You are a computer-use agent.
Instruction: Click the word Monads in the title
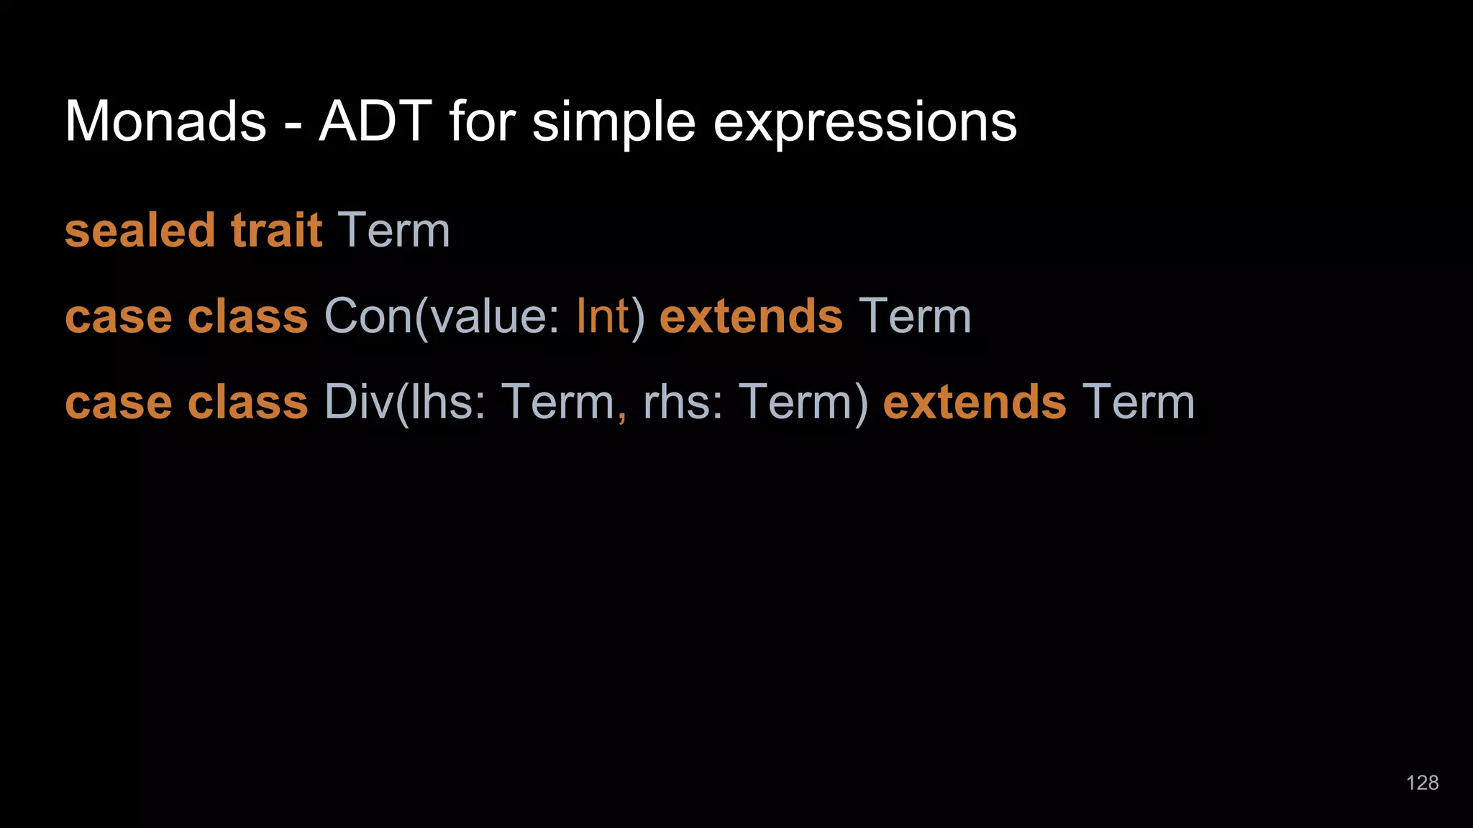point(165,121)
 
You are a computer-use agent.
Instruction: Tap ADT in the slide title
point(375,121)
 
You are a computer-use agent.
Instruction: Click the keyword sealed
point(140,231)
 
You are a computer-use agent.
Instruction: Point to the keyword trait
point(276,231)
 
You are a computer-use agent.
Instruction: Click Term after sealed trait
point(394,231)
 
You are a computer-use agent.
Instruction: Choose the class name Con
point(368,316)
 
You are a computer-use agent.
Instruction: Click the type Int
point(602,316)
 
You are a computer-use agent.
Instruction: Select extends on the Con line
point(751,316)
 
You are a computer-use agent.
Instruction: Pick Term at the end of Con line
point(915,316)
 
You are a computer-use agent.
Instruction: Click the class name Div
point(357,402)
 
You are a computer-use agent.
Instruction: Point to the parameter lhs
point(439,402)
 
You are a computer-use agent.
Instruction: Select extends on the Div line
point(975,402)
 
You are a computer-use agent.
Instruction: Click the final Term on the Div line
point(1139,402)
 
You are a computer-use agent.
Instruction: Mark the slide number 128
point(1422,783)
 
